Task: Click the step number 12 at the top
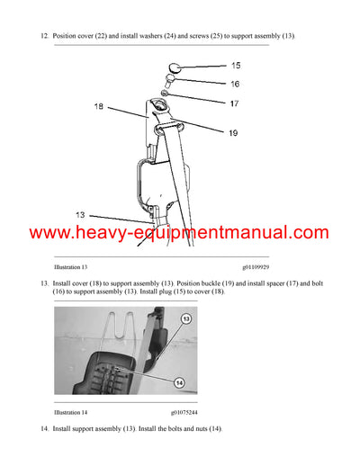click(44, 36)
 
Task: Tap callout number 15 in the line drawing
click(236, 66)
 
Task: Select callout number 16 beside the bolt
click(236, 84)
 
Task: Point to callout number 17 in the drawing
click(236, 103)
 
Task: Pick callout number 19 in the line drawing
click(232, 133)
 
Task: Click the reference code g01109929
click(260, 268)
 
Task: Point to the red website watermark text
click(180, 233)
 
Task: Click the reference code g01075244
click(184, 412)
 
